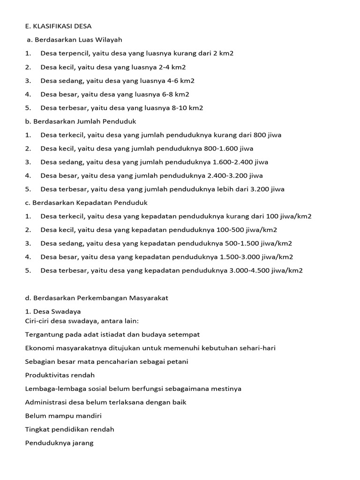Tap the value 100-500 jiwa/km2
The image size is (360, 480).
(x=247, y=230)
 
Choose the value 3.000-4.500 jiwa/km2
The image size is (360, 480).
(x=266, y=270)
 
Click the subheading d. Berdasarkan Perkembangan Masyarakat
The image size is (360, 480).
(x=96, y=298)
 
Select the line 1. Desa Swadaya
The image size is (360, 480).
(x=52, y=311)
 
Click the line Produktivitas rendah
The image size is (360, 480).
(x=60, y=375)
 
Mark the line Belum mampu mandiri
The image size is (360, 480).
(x=63, y=416)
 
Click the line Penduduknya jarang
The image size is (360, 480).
(x=59, y=443)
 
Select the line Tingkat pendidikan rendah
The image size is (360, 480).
(x=69, y=429)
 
